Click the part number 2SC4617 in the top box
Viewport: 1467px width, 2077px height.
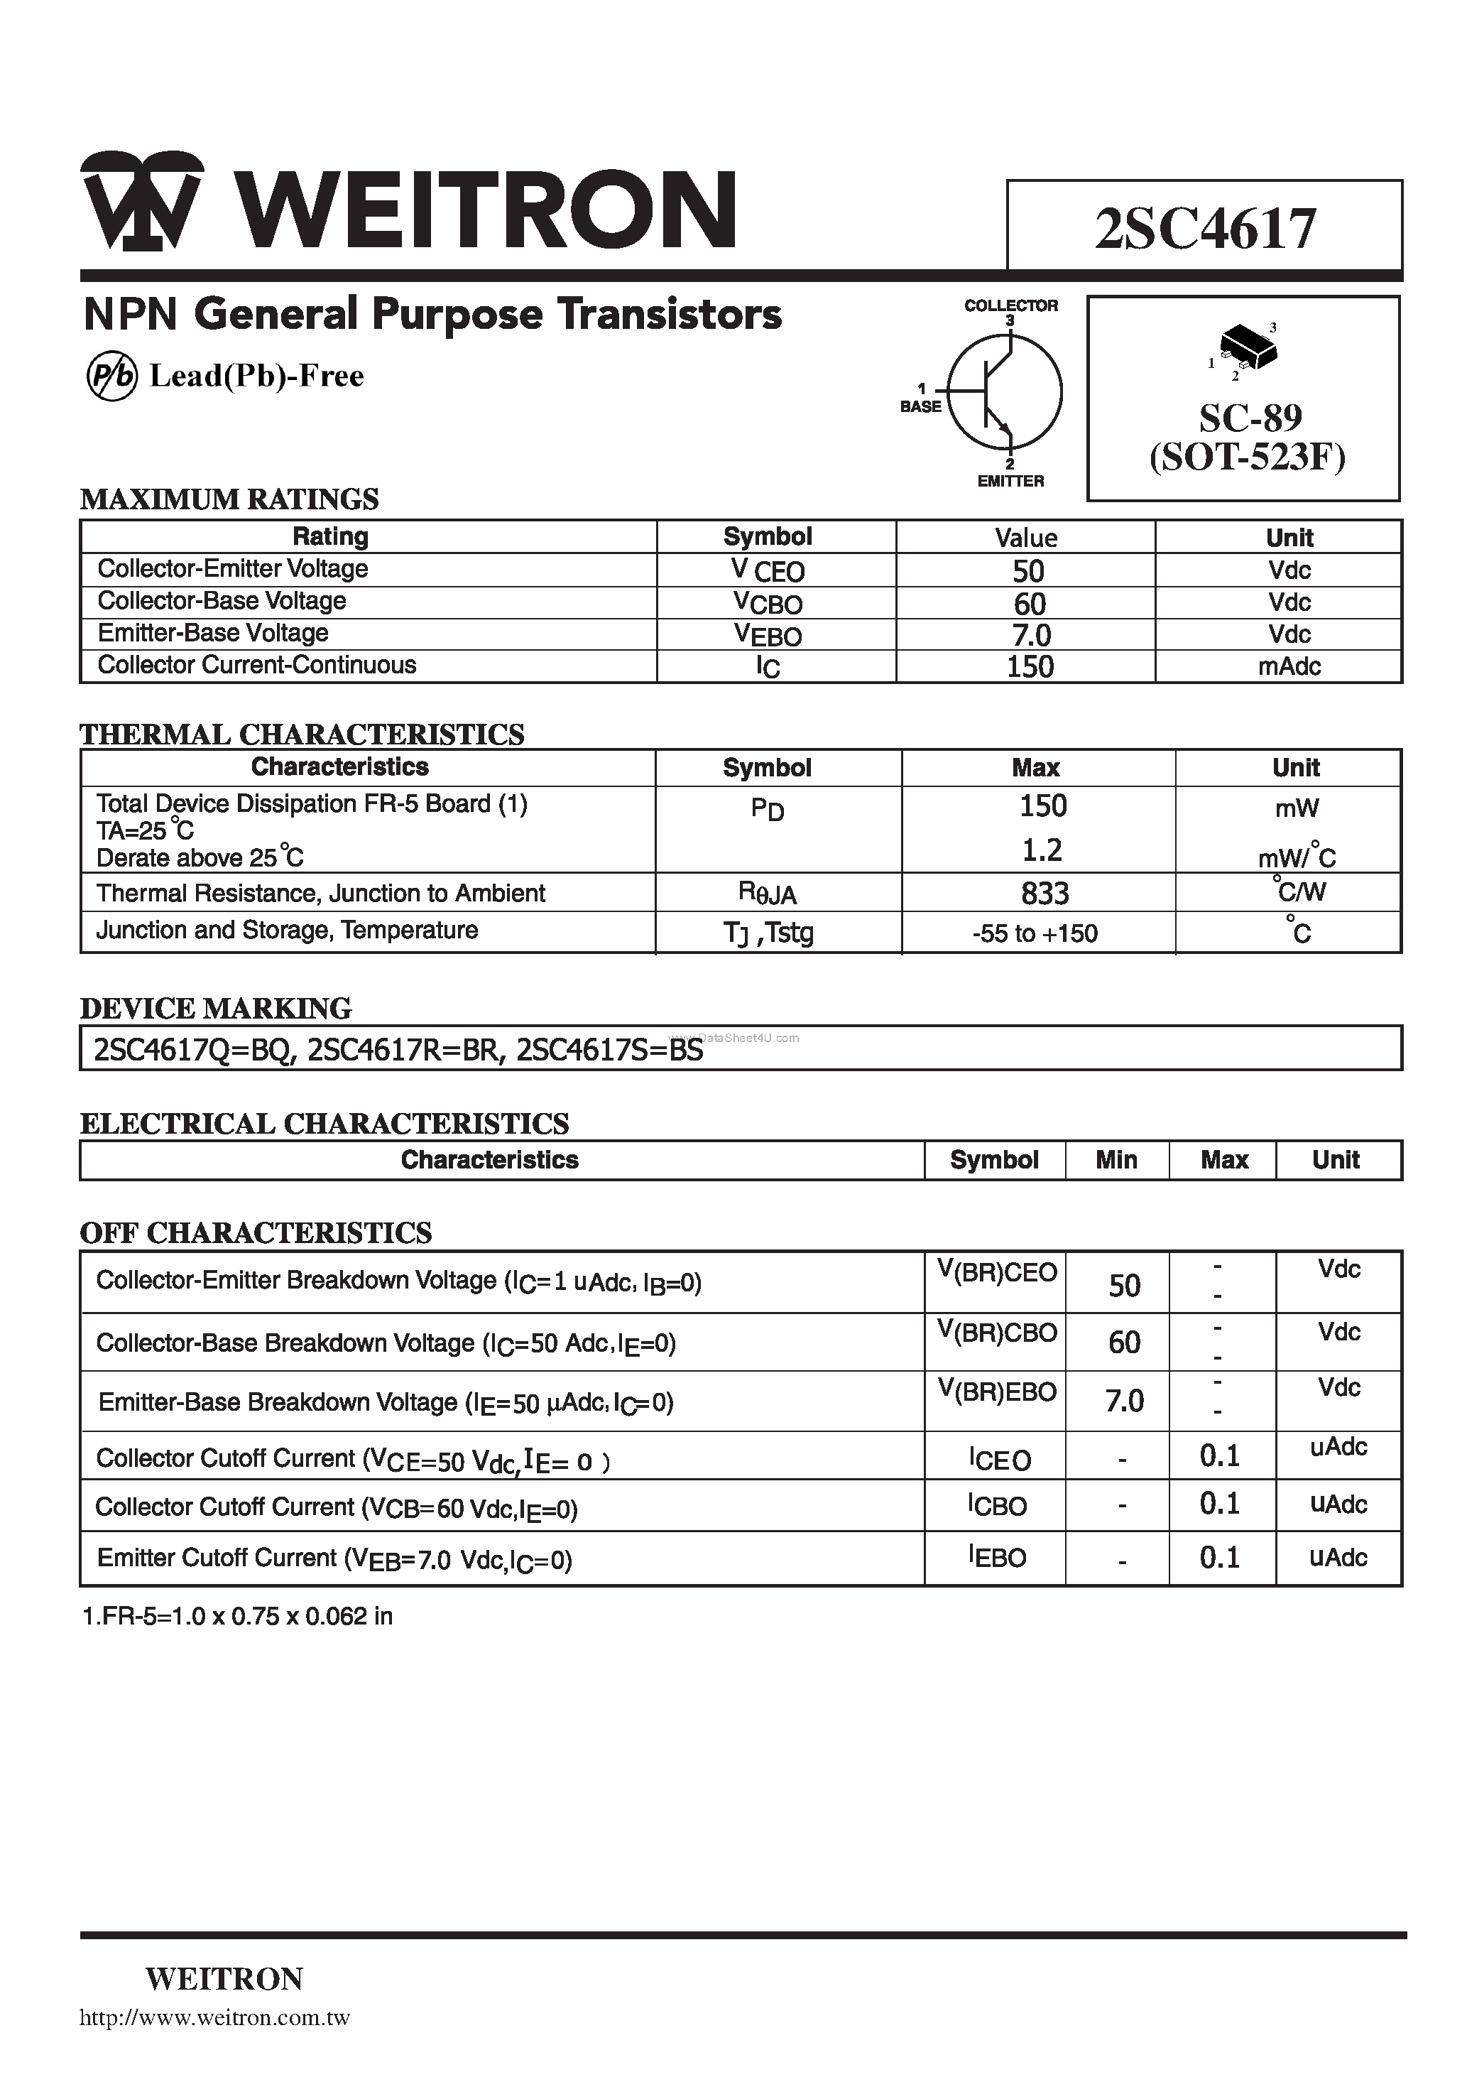(x=1205, y=229)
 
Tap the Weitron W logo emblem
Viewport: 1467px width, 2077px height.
(x=142, y=201)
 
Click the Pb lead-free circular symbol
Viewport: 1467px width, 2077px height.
(x=111, y=376)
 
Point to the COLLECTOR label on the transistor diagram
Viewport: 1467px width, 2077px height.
(x=1010, y=305)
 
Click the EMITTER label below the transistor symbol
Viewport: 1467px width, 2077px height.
(x=1010, y=482)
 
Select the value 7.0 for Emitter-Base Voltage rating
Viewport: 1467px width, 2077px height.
(x=1030, y=635)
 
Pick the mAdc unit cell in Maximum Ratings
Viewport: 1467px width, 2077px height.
(x=1288, y=667)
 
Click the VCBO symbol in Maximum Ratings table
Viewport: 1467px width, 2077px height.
(x=768, y=602)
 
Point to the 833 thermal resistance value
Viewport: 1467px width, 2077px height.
(x=1045, y=894)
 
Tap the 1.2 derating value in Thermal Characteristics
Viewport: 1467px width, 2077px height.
(x=1042, y=850)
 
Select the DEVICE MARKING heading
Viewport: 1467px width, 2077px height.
(x=215, y=1008)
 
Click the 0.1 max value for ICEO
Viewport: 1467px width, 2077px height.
(x=1219, y=1455)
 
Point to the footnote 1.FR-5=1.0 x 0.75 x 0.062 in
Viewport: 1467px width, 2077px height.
(x=237, y=1617)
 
